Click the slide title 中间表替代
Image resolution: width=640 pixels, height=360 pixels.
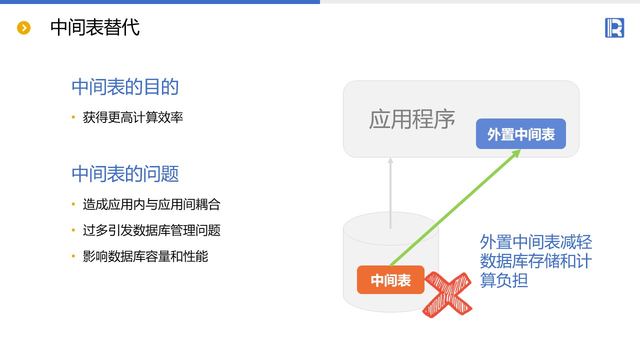point(94,27)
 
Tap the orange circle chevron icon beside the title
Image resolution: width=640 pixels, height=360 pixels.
point(24,28)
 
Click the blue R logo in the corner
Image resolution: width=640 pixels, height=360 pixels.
point(614,27)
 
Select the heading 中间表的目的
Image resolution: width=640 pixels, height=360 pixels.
point(125,87)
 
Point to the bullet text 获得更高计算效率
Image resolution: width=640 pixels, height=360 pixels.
point(133,117)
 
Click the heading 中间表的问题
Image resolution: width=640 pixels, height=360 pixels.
point(125,174)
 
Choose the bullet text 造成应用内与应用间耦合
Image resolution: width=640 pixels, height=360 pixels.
point(151,204)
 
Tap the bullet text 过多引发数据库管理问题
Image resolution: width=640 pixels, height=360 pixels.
point(151,230)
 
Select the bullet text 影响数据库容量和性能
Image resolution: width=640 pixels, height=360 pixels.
point(145,256)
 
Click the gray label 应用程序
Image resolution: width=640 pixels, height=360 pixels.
point(412,119)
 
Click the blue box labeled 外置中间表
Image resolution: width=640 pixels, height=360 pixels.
point(520,134)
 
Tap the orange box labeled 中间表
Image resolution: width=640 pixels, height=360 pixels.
point(390,280)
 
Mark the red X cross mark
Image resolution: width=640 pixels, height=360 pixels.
point(447,295)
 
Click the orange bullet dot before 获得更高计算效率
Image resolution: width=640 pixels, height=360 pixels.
point(73,117)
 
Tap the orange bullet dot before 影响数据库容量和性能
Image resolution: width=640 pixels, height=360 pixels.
point(73,256)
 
